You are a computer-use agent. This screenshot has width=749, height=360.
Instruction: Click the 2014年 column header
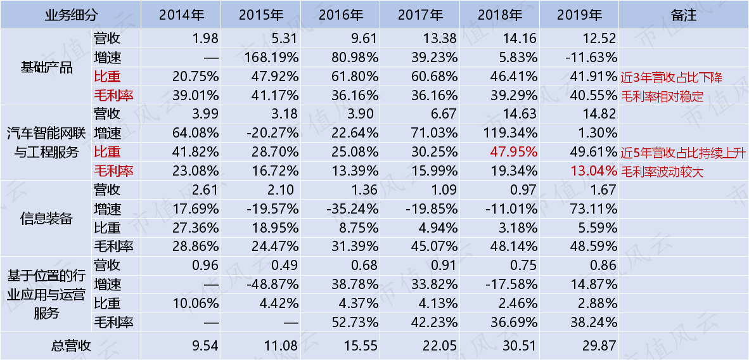[x=181, y=15]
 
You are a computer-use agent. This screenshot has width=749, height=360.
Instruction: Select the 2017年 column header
[x=420, y=15]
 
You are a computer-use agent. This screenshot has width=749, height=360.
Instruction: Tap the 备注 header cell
[x=684, y=15]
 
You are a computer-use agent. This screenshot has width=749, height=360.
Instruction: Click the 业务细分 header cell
[x=71, y=15]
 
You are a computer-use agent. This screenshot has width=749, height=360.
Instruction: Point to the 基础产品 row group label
[x=46, y=67]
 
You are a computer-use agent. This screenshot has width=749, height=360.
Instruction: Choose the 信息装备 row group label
[x=46, y=218]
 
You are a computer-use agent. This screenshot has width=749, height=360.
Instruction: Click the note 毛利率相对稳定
[x=663, y=96]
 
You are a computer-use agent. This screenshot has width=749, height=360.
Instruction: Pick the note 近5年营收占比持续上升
[x=683, y=153]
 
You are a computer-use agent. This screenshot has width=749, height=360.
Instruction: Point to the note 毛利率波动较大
[x=663, y=172]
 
